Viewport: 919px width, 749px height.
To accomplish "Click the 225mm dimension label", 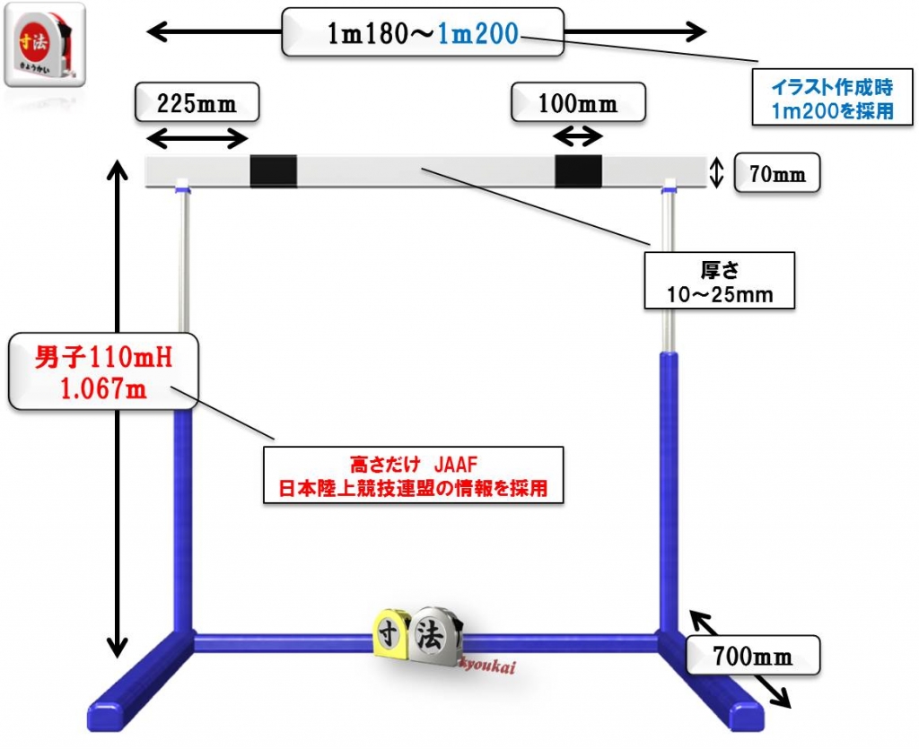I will pyautogui.click(x=197, y=103).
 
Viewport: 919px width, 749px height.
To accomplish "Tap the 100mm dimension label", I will pyautogui.click(x=578, y=103).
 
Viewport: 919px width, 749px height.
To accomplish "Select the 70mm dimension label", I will pyautogui.click(x=777, y=174).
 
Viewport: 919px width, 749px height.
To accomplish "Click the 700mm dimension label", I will pyautogui.click(x=753, y=657).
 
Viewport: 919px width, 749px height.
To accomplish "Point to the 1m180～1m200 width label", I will pyautogui.click(x=423, y=33).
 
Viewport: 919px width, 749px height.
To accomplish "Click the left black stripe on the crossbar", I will pyautogui.click(x=273, y=170).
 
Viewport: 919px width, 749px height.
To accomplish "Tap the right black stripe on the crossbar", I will pyautogui.click(x=578, y=170).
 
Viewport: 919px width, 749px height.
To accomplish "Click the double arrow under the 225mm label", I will pyautogui.click(x=197, y=138).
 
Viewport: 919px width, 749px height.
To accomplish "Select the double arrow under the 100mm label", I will pyautogui.click(x=577, y=137).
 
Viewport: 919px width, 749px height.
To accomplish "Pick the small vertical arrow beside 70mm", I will pyautogui.click(x=716, y=172).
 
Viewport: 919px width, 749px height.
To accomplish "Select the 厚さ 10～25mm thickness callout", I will pyautogui.click(x=720, y=281).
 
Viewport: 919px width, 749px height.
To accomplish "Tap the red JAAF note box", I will pyautogui.click(x=413, y=476).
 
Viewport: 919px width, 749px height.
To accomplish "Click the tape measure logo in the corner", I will pyautogui.click(x=45, y=44).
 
